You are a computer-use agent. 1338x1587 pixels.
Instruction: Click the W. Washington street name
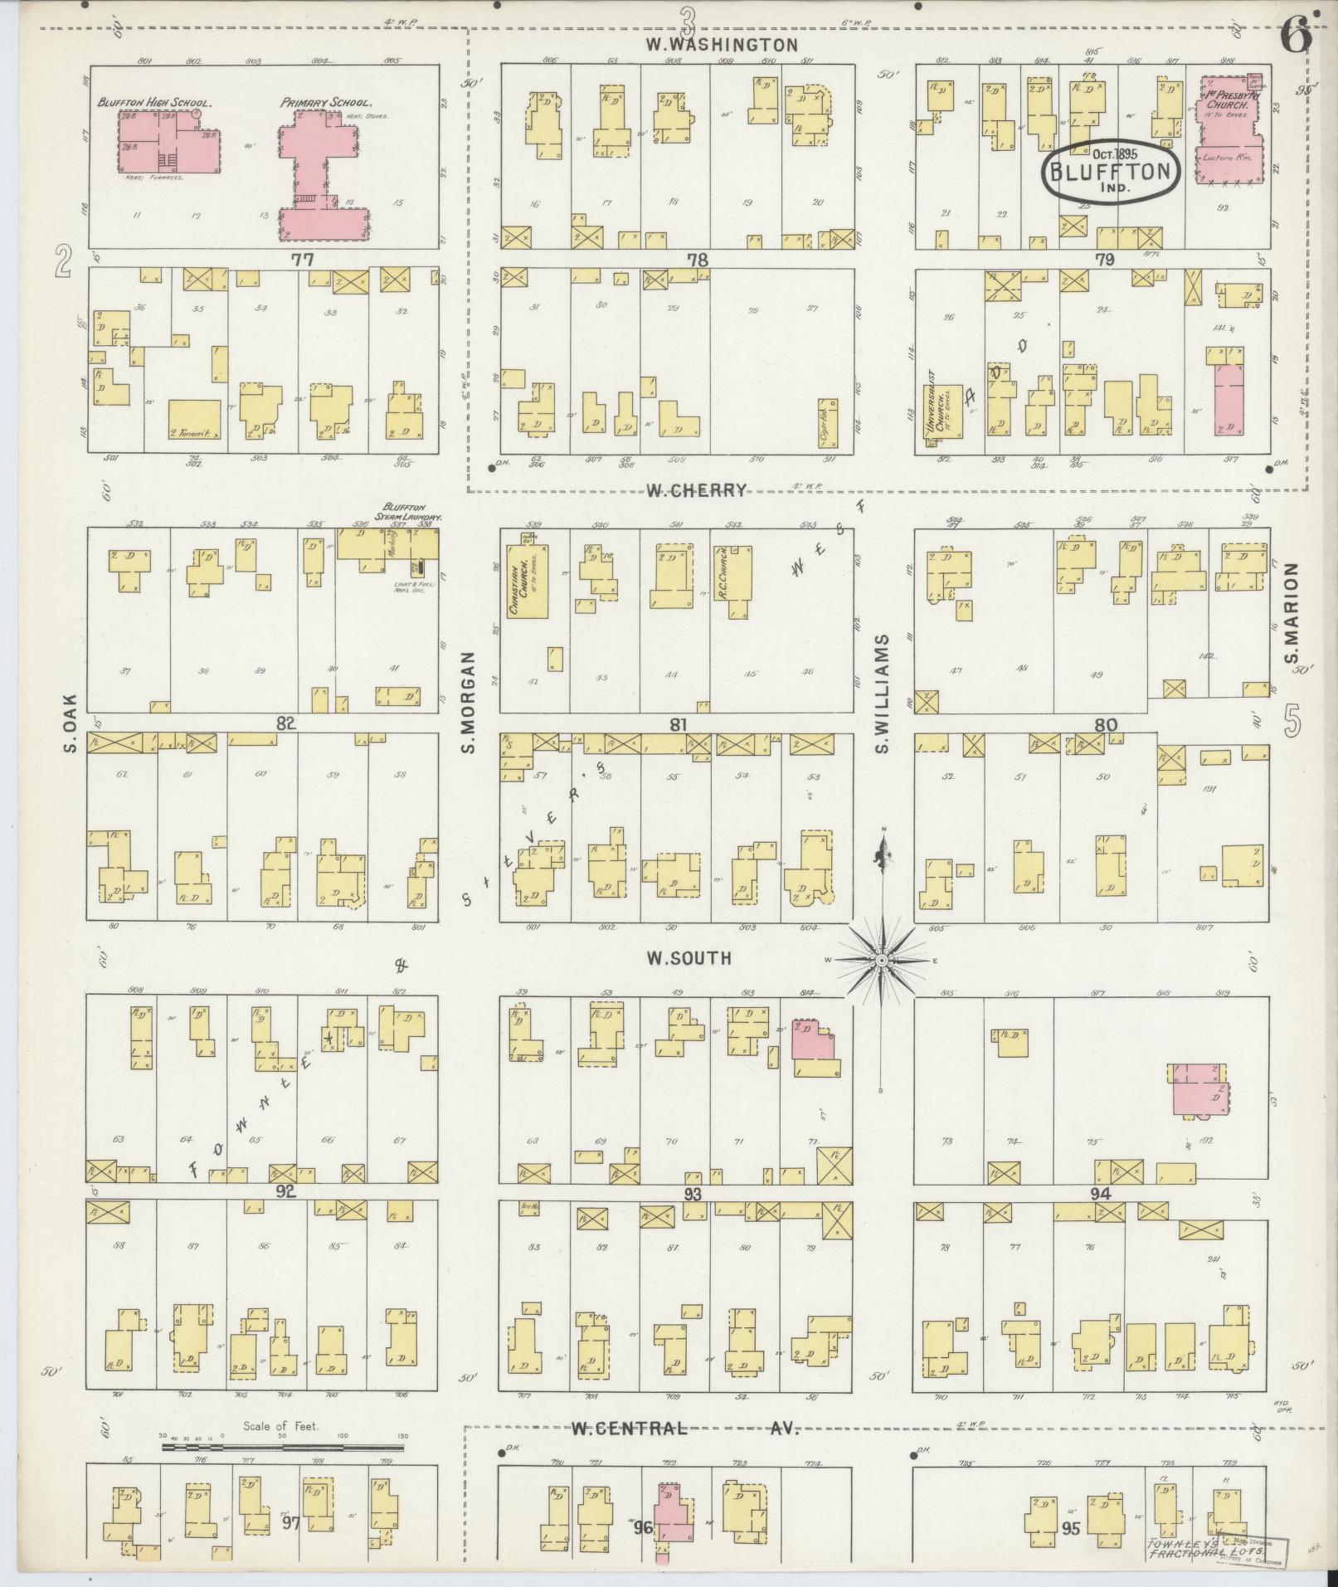[x=722, y=45]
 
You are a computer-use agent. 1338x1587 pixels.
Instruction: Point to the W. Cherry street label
[x=697, y=490]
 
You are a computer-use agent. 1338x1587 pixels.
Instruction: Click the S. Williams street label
[x=882, y=694]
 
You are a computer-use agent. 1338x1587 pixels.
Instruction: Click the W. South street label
[x=689, y=958]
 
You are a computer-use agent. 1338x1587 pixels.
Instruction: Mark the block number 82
[x=286, y=723]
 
